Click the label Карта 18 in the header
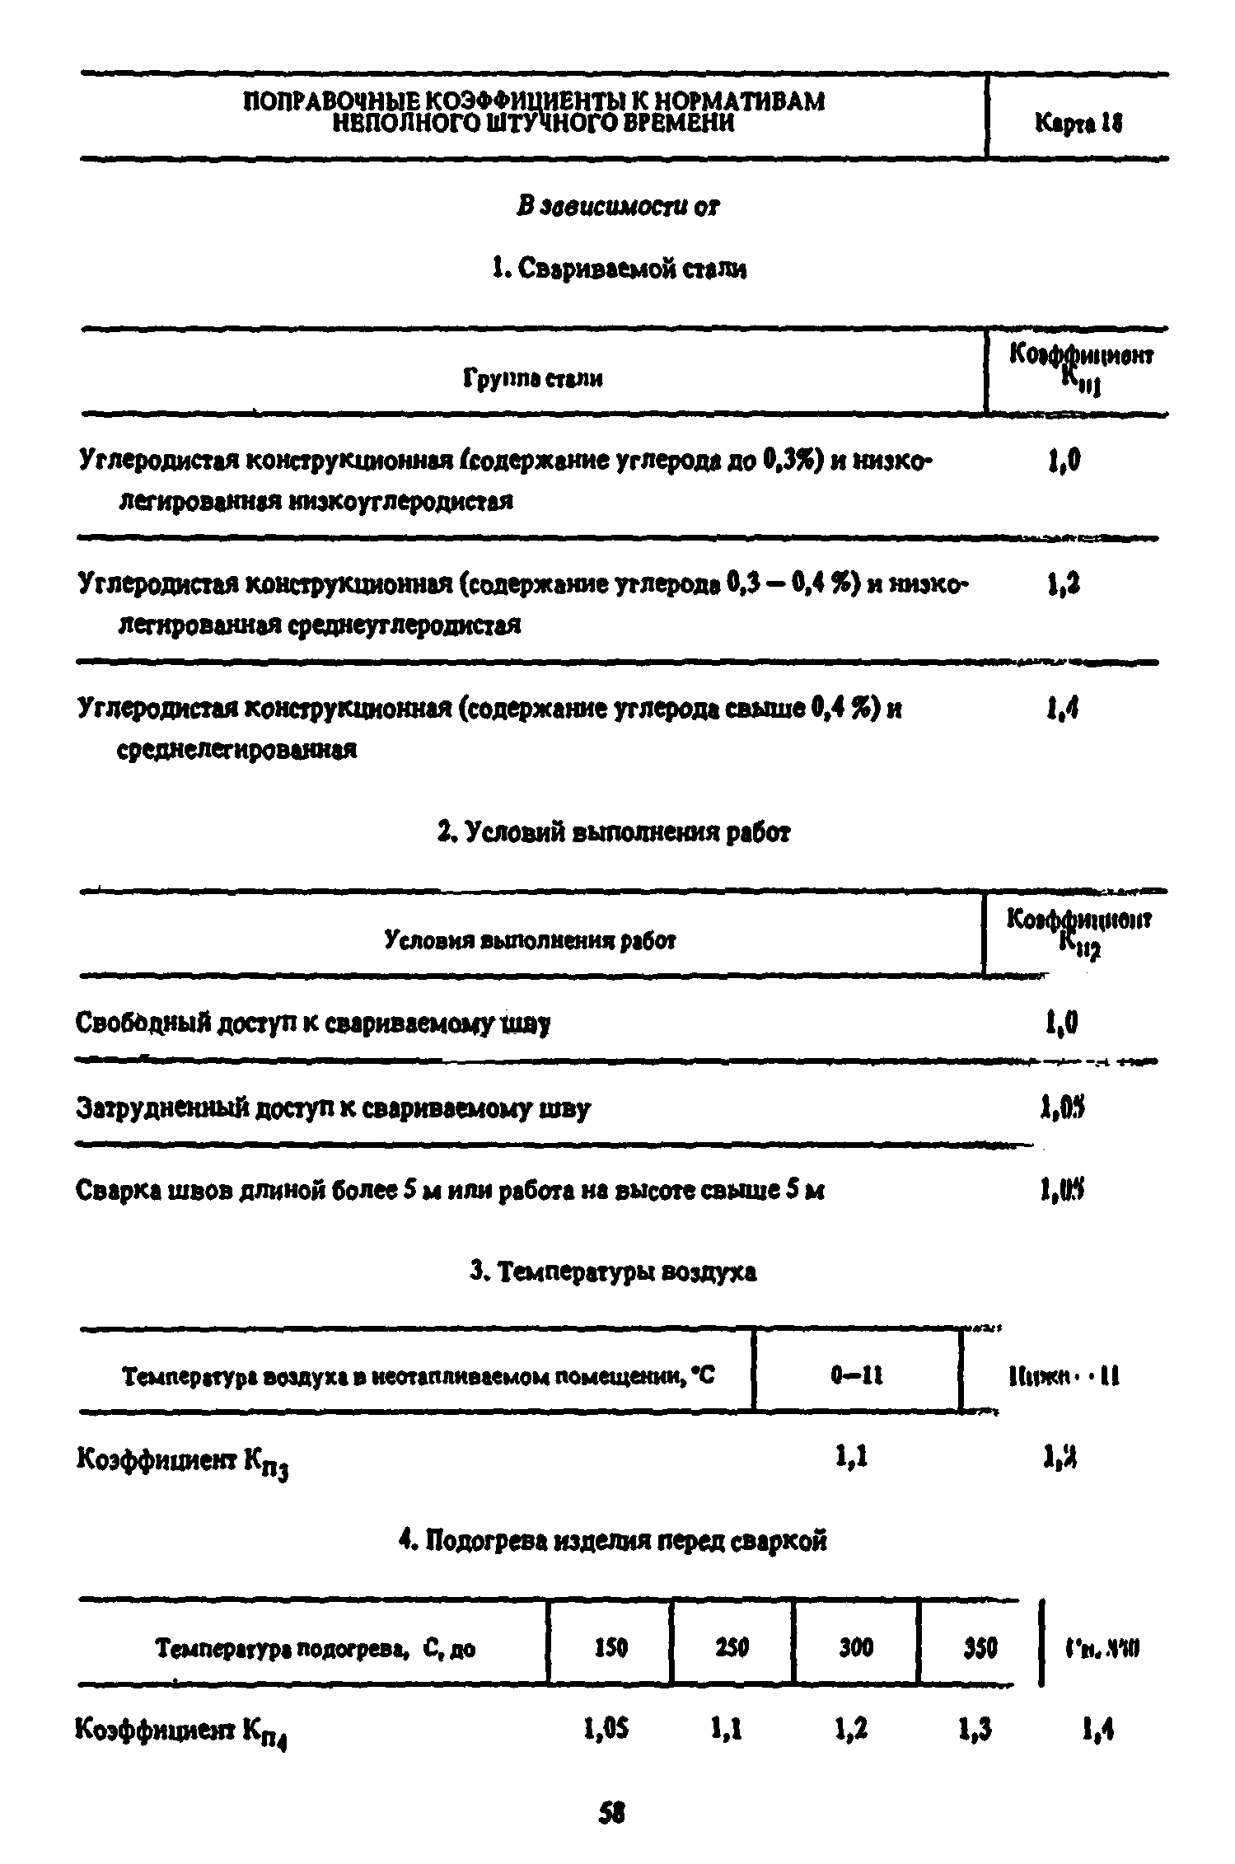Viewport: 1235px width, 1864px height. point(1078,123)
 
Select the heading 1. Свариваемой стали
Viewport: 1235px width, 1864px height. point(618,269)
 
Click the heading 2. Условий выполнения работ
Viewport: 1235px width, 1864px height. point(614,833)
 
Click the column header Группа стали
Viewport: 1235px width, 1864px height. point(531,379)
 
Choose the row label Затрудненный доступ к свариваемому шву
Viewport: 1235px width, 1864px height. point(333,1108)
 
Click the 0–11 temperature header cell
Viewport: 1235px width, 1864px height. point(857,1375)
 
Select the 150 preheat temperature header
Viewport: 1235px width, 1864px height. point(610,1648)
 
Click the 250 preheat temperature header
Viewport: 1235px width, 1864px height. point(732,1648)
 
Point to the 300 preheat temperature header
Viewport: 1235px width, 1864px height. point(856,1648)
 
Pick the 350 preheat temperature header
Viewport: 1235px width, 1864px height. point(980,1648)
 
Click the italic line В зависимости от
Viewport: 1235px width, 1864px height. point(618,206)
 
